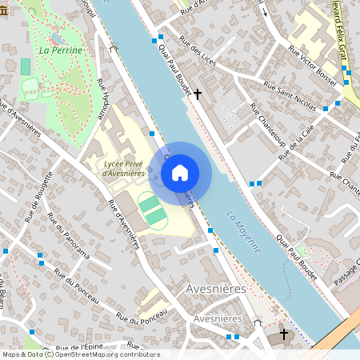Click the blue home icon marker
click(180, 172)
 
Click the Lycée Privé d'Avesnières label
click(124, 168)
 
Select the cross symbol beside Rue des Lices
click(198, 94)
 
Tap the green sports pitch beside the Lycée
click(151, 210)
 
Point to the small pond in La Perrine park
click(57, 37)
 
